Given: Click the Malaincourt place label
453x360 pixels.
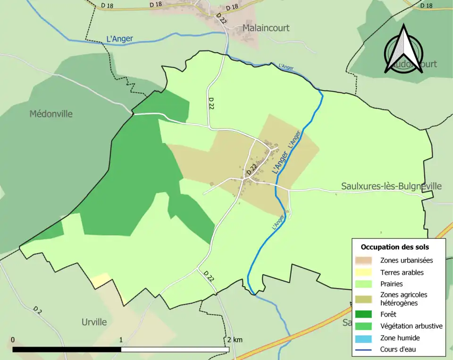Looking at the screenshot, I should (x=266, y=28).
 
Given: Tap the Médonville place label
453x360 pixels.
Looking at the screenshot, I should (x=51, y=114).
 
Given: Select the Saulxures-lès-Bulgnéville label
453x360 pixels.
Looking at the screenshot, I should (x=391, y=186).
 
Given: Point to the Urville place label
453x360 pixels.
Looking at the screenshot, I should (x=94, y=322).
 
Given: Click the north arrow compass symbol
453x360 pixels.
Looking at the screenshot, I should (x=403, y=50).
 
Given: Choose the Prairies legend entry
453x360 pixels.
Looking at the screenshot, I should (x=392, y=284).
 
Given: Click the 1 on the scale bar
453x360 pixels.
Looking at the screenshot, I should (x=121, y=340).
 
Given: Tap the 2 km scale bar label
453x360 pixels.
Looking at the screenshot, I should (x=234, y=340).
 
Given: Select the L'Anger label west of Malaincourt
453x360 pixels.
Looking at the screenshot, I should (x=119, y=39).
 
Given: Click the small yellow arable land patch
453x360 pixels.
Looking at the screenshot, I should (x=101, y=280).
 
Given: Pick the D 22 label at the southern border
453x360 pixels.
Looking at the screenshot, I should (x=209, y=276).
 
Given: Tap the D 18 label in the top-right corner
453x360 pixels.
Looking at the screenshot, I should (x=426, y=6).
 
